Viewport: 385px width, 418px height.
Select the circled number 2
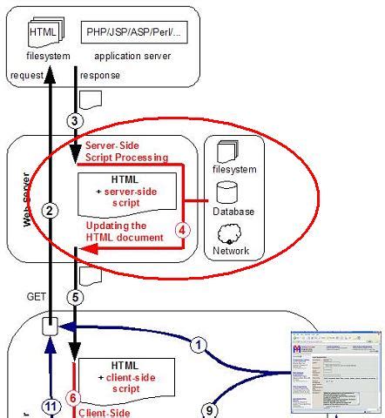(x=51, y=210)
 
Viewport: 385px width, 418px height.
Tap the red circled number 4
(x=182, y=231)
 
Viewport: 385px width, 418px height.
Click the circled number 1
(x=199, y=345)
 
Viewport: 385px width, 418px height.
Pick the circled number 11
(x=50, y=406)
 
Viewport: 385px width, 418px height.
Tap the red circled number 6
(x=74, y=397)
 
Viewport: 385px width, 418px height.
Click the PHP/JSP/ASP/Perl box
(x=134, y=33)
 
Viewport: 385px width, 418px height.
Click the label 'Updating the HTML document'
(x=124, y=232)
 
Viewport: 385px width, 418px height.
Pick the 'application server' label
(x=134, y=57)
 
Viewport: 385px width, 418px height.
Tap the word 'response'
(x=100, y=76)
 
